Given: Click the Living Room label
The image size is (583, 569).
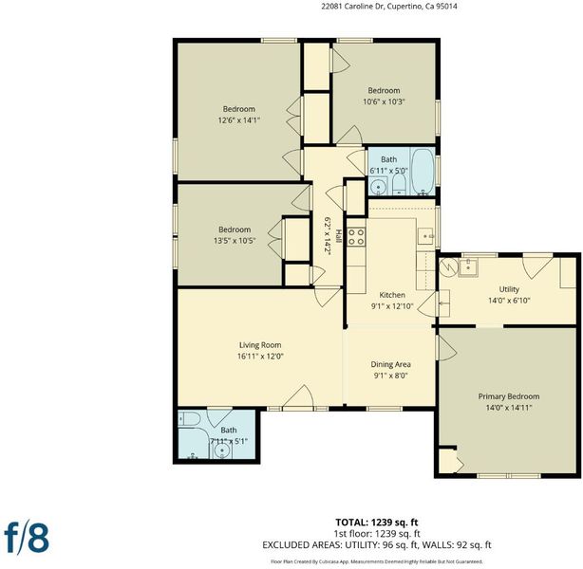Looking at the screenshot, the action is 260,345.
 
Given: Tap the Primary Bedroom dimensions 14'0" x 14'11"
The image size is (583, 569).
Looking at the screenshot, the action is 509,408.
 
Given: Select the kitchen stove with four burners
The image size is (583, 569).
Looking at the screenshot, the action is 356,236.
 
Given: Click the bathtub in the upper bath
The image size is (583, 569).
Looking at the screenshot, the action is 423,171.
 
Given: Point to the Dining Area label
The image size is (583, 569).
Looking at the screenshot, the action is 390,364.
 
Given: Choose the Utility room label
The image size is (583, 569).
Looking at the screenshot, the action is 509,289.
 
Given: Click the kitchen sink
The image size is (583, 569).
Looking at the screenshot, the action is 425,235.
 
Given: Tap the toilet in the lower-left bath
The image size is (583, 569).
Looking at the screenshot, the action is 189,419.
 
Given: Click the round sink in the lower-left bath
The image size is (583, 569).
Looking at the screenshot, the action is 222,450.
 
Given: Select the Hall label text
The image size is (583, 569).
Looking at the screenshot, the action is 338,236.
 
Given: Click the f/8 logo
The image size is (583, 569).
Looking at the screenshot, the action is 27,538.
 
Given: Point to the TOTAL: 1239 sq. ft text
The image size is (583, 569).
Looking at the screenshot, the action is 377,523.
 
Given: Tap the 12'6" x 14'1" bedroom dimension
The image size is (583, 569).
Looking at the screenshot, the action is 238,120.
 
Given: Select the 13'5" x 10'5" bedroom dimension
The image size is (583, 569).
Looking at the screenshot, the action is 235,241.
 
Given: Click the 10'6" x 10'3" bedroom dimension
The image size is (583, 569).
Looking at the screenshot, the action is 384,101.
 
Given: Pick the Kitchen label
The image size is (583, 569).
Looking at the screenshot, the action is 392,295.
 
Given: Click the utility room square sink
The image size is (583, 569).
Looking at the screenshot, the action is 468,267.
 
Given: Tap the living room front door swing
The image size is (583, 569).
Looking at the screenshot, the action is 298,395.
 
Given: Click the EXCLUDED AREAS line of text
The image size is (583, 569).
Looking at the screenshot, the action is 377,545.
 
